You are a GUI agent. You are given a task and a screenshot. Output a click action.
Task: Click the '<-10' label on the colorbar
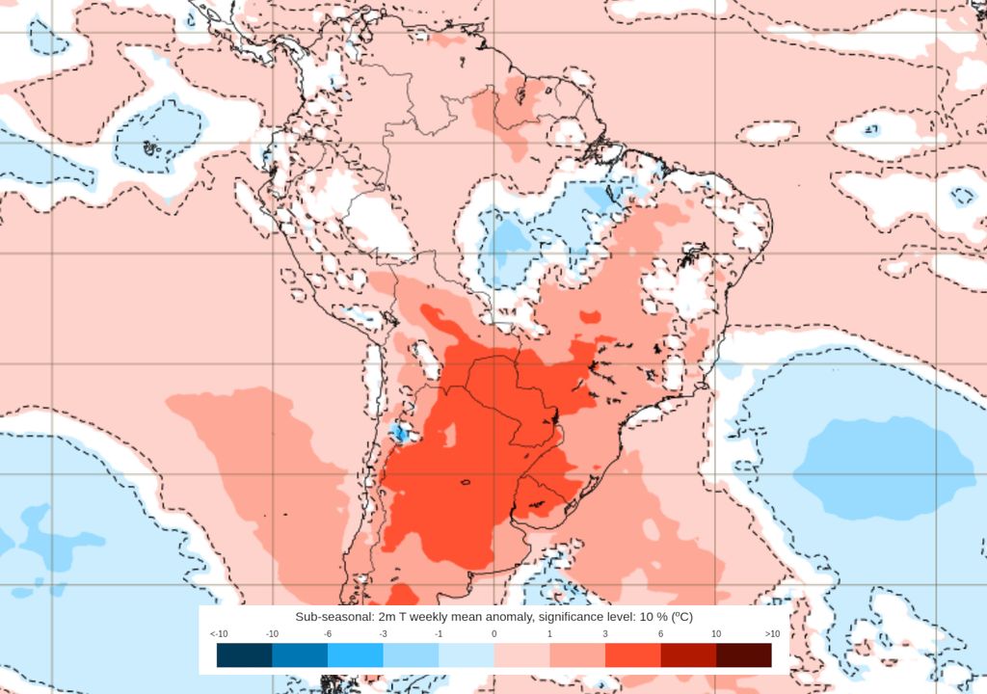pyautogui.click(x=218, y=633)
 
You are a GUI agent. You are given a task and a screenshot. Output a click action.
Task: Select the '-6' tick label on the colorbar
pyautogui.click(x=328, y=633)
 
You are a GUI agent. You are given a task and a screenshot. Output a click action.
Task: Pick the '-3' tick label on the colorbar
pyautogui.click(x=384, y=633)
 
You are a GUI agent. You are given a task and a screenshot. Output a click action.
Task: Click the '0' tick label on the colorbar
pyautogui.click(x=494, y=633)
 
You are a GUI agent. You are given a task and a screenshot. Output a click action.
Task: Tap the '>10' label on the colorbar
pyautogui.click(x=772, y=633)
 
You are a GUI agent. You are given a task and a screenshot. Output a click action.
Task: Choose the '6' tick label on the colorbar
pyautogui.click(x=661, y=633)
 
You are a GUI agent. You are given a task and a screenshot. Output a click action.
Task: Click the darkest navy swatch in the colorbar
pyautogui.click(x=245, y=655)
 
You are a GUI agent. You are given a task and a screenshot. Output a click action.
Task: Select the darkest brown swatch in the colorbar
pyautogui.click(x=744, y=655)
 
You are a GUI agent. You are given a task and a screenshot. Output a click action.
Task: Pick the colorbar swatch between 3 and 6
pyautogui.click(x=633, y=655)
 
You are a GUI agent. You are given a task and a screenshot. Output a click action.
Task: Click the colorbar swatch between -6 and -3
pyautogui.click(x=356, y=655)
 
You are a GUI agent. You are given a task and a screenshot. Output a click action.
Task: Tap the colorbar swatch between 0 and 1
pyautogui.click(x=521, y=655)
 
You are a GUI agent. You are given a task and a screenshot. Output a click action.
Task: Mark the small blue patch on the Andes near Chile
pyautogui.click(x=398, y=433)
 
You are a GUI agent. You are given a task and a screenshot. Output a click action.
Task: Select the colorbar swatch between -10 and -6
pyautogui.click(x=300, y=655)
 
